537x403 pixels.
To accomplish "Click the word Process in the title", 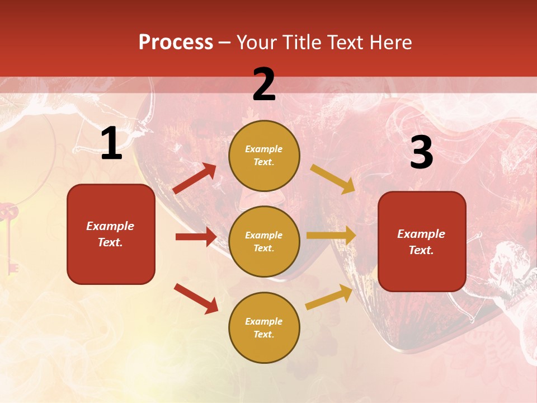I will [x=176, y=42].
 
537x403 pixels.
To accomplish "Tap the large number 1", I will [x=111, y=144].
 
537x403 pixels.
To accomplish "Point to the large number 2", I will [x=264, y=85].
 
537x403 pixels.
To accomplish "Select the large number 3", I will [x=421, y=152].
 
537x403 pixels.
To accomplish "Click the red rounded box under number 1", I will [x=111, y=235].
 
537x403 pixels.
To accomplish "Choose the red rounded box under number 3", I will [x=422, y=242].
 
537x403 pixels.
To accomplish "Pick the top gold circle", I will [x=264, y=156].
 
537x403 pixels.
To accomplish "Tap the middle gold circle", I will [x=264, y=242].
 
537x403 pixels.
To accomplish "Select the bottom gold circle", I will [x=264, y=328].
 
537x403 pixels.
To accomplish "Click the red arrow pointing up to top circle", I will [x=195, y=179].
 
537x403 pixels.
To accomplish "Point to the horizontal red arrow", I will [x=196, y=237].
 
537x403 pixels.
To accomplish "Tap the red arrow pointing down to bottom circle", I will [x=196, y=298].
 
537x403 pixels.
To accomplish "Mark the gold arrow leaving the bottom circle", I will [x=329, y=297].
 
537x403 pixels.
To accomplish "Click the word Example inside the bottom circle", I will [x=264, y=321].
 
